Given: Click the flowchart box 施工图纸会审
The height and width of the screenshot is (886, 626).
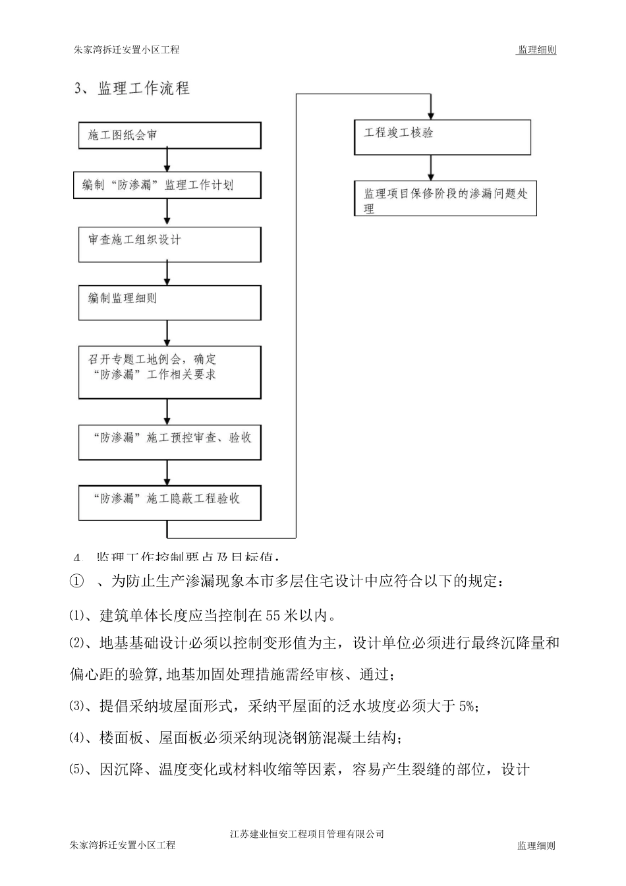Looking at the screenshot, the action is tap(169, 135).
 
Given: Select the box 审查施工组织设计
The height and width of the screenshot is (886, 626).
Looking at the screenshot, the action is tap(169, 244).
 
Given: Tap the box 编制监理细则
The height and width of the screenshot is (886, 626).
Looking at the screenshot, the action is tap(169, 303).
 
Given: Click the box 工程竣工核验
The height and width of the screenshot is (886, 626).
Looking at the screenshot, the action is tap(442, 137).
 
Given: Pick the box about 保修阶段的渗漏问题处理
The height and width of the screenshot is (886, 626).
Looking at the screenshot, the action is tap(445, 198).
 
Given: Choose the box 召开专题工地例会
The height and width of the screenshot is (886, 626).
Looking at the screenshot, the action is tap(169, 372).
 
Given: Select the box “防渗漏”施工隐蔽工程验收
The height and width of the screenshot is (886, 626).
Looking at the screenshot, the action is tap(169, 503).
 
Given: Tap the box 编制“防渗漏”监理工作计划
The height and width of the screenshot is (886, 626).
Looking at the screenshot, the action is tap(167, 185).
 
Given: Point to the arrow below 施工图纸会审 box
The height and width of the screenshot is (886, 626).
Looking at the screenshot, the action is tap(167, 160).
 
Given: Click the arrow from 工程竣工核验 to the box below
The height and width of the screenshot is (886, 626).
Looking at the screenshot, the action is tap(431, 168).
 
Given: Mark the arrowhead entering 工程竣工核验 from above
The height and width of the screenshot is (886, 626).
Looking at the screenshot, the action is tap(431, 113).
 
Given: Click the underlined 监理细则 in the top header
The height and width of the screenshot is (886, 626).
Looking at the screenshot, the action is tap(536, 50).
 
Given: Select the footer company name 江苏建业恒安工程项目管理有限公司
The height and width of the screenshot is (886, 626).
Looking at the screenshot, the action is tap(307, 834).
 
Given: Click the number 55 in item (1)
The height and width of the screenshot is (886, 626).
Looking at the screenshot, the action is tap(274, 616).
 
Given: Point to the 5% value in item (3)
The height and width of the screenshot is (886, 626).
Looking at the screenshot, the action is tap(466, 707).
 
